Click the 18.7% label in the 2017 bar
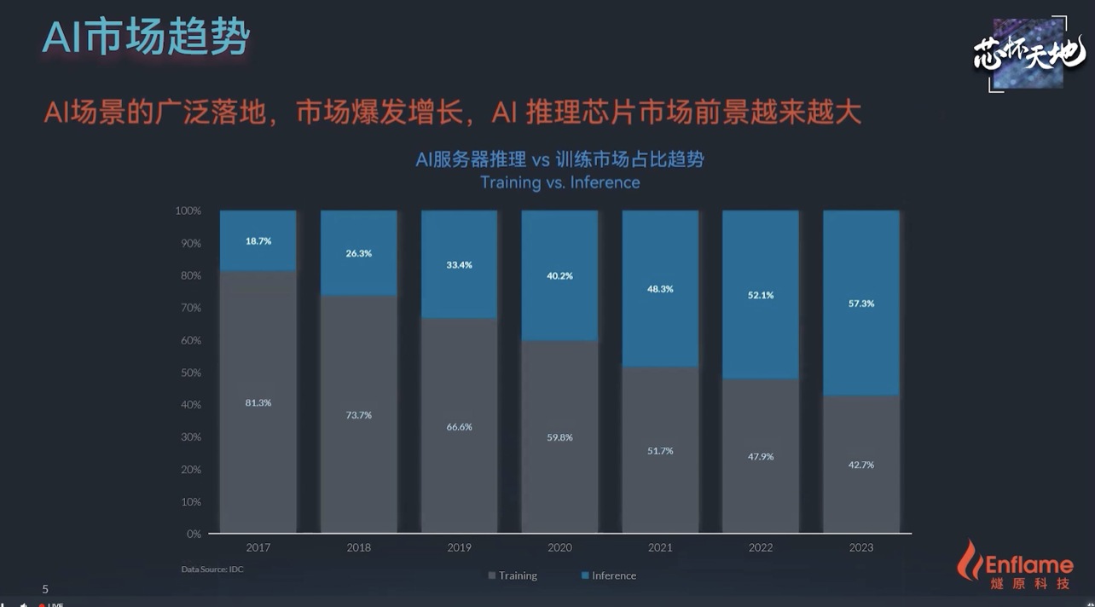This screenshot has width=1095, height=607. pos(258,241)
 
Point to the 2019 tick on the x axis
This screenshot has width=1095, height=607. pos(460,547)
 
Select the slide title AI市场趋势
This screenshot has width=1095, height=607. pos(146,38)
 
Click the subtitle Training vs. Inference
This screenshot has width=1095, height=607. pos(559,182)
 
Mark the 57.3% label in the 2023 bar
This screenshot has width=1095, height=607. pos(861,303)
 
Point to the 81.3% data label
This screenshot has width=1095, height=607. pos(258,402)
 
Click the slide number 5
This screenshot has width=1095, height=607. pos(45,589)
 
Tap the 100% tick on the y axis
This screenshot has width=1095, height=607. pos(188,211)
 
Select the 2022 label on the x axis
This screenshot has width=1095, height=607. pos(761,547)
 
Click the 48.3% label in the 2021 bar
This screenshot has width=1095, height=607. pos(660,289)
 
